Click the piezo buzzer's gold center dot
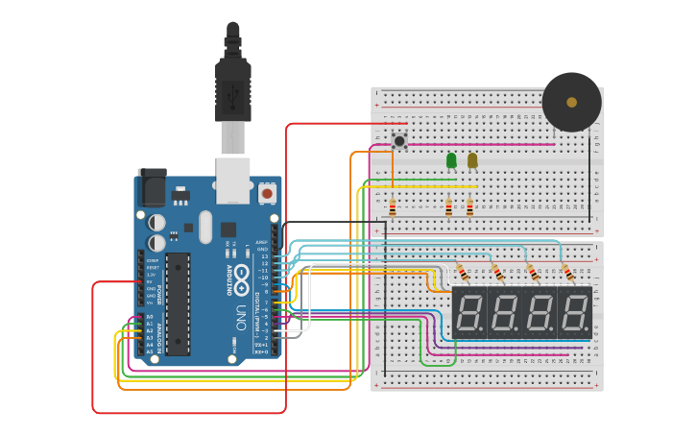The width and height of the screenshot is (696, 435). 572,102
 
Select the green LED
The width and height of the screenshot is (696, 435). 451,160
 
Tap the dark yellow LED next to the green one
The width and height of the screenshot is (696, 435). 471,160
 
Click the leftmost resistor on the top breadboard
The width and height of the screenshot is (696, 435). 392,207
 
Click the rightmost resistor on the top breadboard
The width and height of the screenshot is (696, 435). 469,207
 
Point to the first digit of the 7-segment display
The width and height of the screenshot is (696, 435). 468,312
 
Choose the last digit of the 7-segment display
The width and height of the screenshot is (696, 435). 575,312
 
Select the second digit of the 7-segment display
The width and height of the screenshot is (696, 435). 504,312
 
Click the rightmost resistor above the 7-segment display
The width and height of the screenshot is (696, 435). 566,273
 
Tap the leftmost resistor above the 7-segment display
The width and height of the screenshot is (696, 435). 462,273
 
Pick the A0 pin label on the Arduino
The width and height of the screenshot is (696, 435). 150,317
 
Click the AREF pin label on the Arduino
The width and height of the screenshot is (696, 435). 261,242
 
